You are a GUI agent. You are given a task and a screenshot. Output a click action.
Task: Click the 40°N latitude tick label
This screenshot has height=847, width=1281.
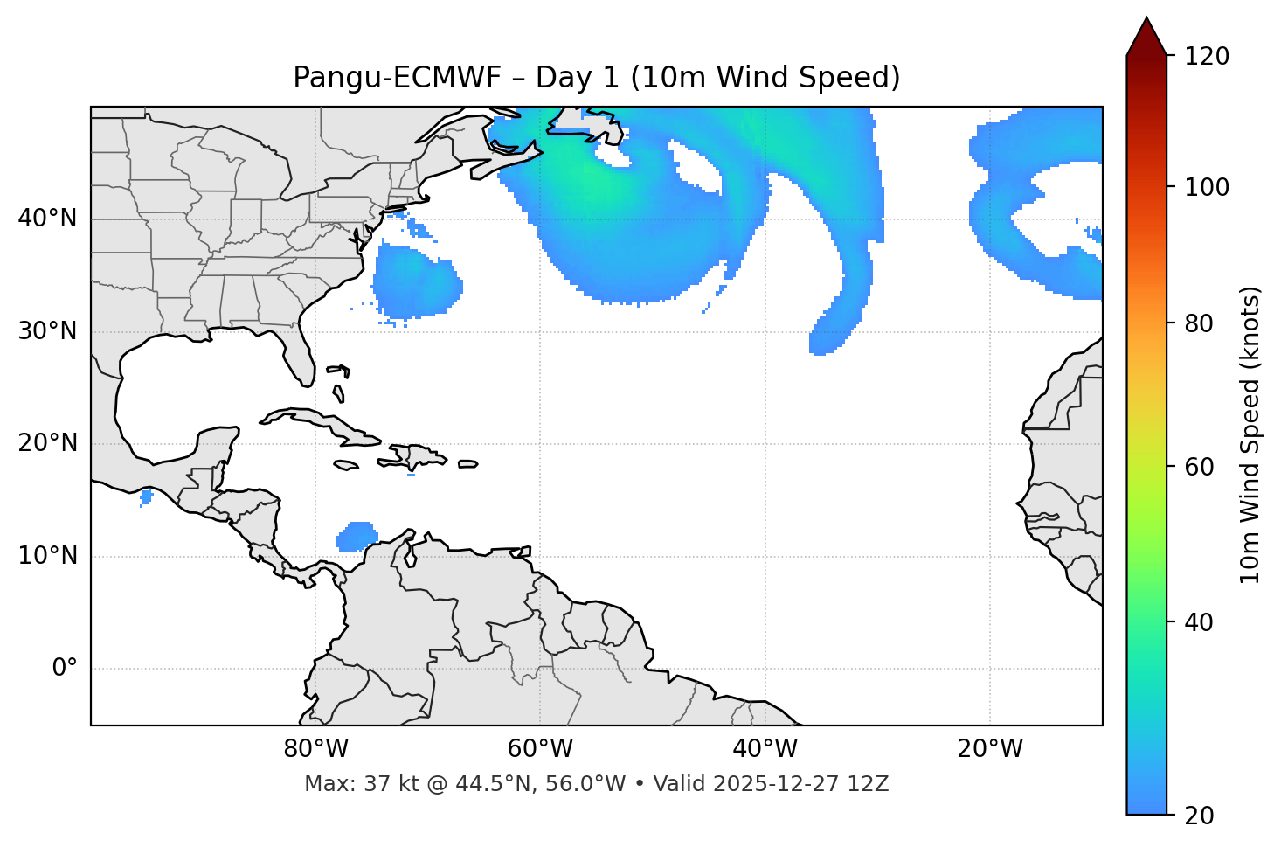pos(47,219)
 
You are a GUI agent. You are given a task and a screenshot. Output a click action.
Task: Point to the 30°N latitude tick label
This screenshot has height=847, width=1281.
pos(47,331)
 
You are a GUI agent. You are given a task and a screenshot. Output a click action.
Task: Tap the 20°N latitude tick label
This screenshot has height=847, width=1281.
pos(47,443)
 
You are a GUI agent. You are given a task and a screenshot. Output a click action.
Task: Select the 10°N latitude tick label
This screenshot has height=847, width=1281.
pos(47,556)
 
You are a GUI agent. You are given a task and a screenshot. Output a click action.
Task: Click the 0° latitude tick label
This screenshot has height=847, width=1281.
pos(65,669)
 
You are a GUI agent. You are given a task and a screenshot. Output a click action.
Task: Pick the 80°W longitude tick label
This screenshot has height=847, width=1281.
pos(315,749)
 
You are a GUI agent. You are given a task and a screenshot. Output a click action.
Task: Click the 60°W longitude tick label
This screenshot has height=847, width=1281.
pos(540,749)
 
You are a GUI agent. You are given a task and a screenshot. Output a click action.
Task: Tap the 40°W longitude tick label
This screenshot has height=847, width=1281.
pos(765,749)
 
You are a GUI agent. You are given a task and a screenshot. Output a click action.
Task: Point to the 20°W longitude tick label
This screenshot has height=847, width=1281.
pos(990,749)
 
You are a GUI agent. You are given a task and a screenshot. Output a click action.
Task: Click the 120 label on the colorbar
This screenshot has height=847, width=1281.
pos(1206,57)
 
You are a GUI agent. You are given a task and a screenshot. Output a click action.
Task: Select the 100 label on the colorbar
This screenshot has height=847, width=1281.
pos(1206,187)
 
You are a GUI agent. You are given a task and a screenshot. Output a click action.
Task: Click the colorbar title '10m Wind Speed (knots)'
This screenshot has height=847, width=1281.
pos(1250,435)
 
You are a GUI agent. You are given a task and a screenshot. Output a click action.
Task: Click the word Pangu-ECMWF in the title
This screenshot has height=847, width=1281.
pos(397,78)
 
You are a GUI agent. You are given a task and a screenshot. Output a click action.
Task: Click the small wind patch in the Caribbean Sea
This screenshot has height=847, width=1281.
pos(357,537)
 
